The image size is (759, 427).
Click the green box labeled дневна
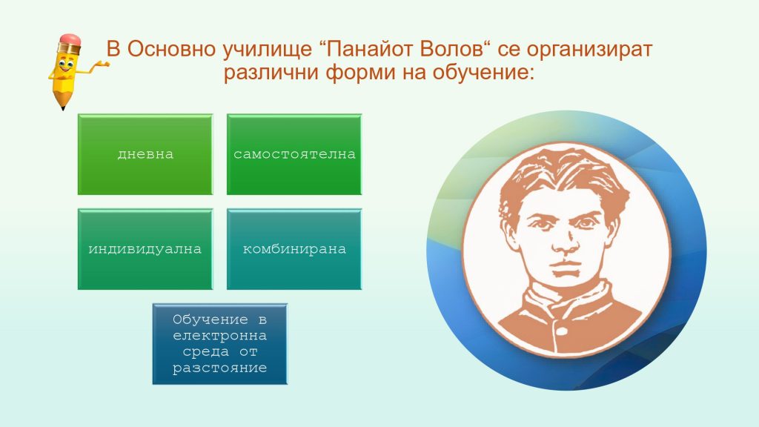145,154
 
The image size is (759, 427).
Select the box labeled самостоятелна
294,154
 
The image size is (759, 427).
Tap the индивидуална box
145,249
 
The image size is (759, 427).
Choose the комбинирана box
294,249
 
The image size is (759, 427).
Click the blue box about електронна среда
219,344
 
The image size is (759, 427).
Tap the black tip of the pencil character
62,107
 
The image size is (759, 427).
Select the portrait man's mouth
567,267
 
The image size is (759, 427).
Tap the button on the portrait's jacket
562,331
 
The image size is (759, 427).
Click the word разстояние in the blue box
219,368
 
